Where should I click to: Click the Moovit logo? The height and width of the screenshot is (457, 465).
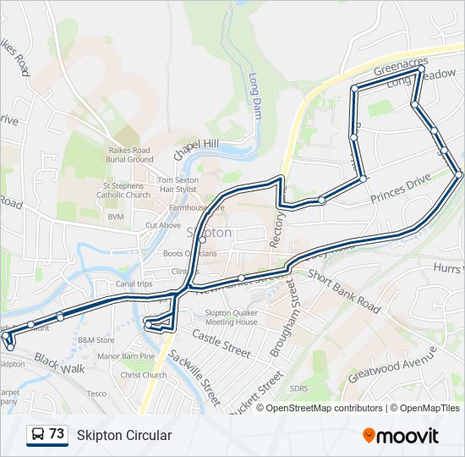[401, 436]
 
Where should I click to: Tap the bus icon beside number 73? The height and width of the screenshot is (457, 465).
[38, 435]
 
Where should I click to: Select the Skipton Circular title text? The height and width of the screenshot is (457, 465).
[124, 436]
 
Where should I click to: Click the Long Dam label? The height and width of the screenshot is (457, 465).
[254, 94]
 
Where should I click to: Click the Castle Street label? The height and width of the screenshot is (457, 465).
[222, 344]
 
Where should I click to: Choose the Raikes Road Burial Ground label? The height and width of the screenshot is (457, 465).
[130, 154]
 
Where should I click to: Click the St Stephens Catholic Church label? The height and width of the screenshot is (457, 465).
[126, 190]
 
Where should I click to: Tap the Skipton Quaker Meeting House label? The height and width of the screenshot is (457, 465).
[231, 317]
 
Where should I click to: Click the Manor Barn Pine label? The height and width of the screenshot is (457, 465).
[126, 356]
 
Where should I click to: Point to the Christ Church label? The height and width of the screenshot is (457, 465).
[143, 375]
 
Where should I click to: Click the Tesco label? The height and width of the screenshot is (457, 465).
[96, 394]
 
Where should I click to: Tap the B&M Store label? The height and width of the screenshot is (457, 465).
[96, 340]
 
